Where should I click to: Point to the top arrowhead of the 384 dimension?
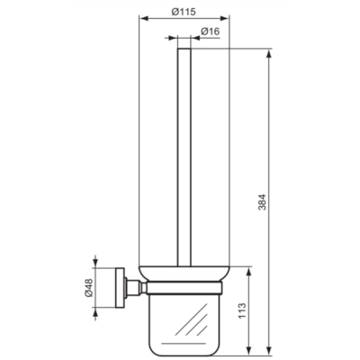[x=271, y=52]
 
